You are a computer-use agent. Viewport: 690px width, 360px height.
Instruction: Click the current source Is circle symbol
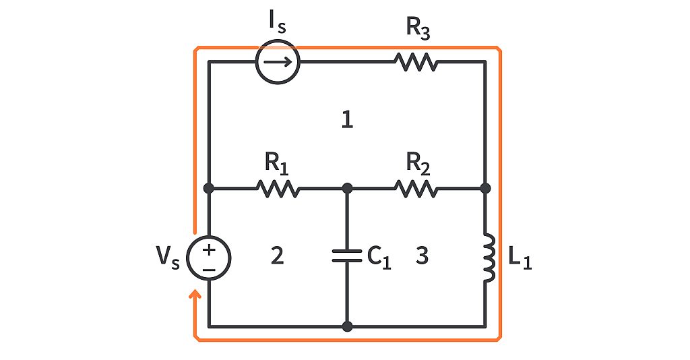[277, 62]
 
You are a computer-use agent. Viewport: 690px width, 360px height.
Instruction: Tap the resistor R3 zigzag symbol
[416, 62]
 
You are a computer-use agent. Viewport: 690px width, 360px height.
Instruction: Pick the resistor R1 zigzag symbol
[278, 188]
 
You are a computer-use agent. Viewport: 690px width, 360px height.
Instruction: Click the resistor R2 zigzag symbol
[416, 188]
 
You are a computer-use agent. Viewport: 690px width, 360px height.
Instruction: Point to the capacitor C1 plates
[347, 257]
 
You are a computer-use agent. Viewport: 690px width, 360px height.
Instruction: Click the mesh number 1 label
[347, 121]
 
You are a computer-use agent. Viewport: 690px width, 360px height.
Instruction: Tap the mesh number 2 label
[276, 256]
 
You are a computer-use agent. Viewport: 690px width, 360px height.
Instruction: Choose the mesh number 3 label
[422, 256]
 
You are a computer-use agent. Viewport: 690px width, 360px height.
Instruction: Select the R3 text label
[417, 28]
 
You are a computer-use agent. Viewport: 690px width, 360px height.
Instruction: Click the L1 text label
[519, 259]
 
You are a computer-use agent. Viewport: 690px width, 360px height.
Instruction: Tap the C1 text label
[379, 257]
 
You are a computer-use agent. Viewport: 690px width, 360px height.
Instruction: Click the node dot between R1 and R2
[347, 188]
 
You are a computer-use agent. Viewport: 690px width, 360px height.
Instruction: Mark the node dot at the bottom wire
[347, 326]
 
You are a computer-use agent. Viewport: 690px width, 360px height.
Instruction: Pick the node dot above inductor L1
[485, 188]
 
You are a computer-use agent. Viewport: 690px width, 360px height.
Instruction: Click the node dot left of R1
[209, 188]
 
